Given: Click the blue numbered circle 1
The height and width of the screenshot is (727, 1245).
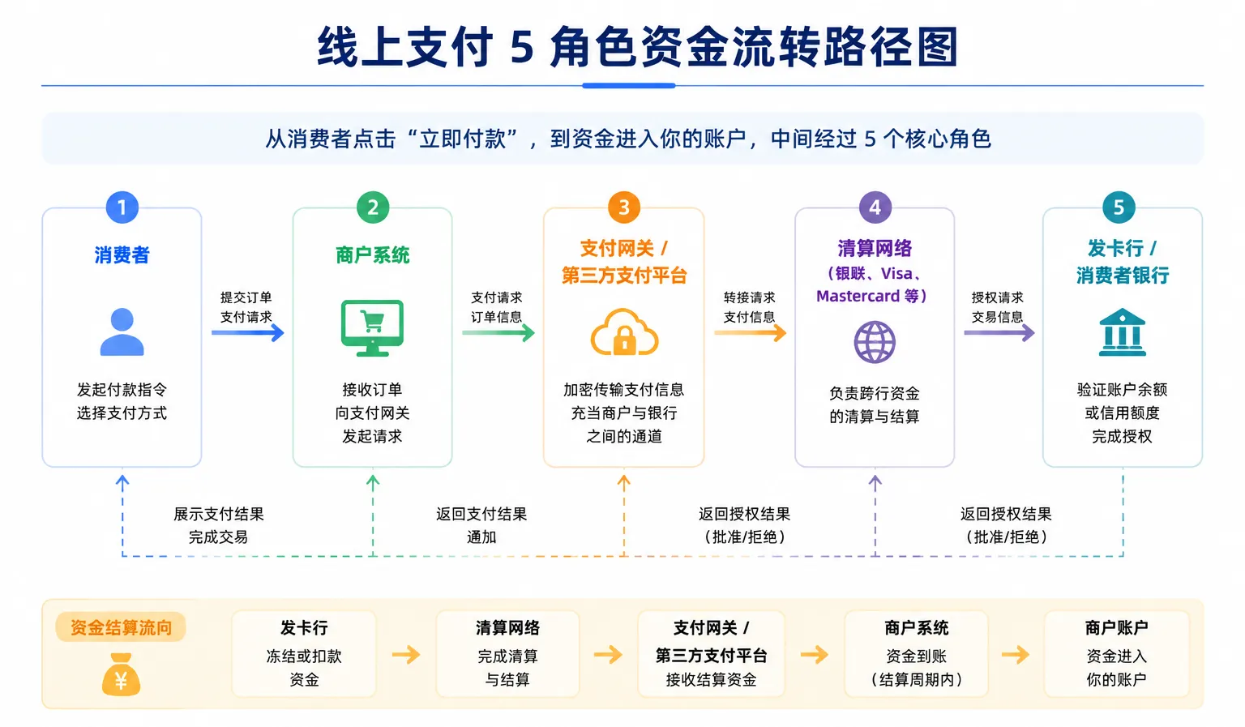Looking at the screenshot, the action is (x=122, y=207).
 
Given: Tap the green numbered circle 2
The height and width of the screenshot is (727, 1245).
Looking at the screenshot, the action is (x=373, y=207).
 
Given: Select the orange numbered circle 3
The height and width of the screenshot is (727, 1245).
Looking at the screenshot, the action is (x=623, y=207).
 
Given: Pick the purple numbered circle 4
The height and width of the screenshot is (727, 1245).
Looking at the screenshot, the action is (x=875, y=207).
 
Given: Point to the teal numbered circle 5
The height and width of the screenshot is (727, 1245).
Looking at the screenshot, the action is (x=1119, y=207).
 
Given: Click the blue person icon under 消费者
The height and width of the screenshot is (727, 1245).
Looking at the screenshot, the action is (x=122, y=331).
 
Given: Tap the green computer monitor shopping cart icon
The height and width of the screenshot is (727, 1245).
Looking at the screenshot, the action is (x=372, y=328).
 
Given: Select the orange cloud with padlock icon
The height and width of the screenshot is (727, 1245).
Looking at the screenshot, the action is (x=624, y=332).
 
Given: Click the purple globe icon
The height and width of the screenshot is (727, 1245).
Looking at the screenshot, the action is (x=875, y=342).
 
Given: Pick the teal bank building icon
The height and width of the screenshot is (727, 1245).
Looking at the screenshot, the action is (x=1122, y=331).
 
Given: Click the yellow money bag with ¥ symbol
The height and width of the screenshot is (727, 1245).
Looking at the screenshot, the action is (x=121, y=674).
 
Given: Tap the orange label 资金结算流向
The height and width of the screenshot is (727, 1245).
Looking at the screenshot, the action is (x=121, y=627).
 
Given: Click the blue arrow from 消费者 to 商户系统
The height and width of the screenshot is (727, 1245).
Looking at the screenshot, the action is (x=248, y=333).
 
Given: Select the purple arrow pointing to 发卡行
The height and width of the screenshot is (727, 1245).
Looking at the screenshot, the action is (x=999, y=333).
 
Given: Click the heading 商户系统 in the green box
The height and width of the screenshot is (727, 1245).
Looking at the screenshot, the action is (x=372, y=255).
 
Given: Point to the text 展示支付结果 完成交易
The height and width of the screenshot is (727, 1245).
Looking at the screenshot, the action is (x=218, y=525).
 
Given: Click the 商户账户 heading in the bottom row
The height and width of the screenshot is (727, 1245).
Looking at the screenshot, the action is (x=1117, y=627).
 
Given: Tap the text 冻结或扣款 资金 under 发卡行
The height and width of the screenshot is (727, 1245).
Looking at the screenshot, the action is (x=304, y=668).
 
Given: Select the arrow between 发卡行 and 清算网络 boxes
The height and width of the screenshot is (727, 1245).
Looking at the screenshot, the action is (x=406, y=654).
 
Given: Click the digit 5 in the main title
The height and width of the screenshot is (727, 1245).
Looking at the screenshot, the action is (x=522, y=48).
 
